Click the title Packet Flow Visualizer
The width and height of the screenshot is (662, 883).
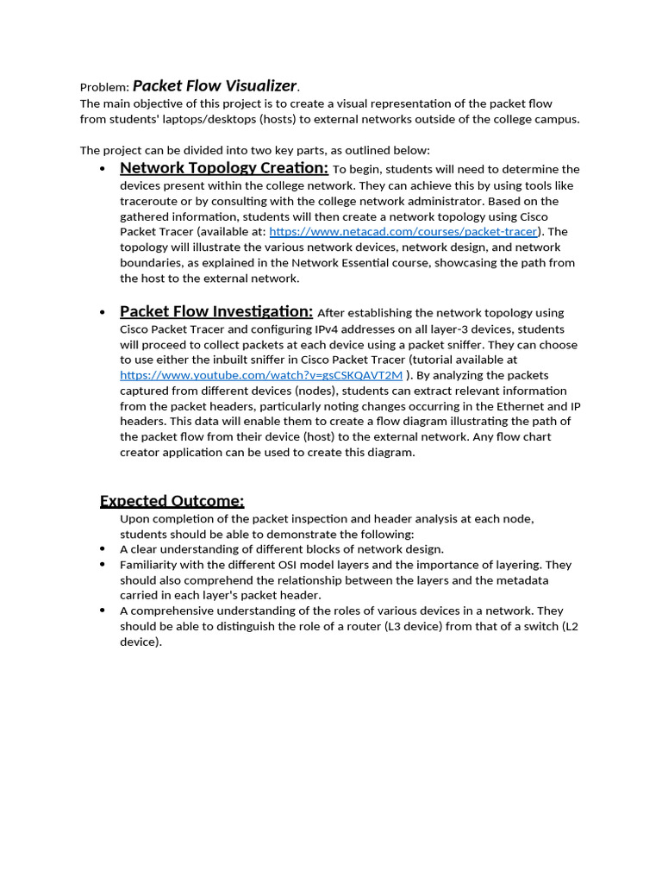click(x=215, y=85)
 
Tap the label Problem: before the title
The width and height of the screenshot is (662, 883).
click(x=104, y=87)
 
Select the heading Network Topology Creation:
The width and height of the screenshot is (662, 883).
click(x=223, y=167)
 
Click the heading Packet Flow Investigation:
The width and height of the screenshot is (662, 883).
click(x=215, y=311)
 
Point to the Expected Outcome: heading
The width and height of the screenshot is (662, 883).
click(x=172, y=501)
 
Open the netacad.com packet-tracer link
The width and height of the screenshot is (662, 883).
click(x=403, y=232)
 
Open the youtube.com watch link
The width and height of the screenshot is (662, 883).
click(x=260, y=375)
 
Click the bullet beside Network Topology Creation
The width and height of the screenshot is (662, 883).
click(x=103, y=169)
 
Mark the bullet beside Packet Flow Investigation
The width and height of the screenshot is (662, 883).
click(x=103, y=313)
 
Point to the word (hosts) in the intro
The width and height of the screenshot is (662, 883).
click(x=282, y=119)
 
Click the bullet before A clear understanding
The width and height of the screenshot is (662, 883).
click(x=103, y=549)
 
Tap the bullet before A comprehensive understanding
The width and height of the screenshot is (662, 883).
click(x=103, y=611)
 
